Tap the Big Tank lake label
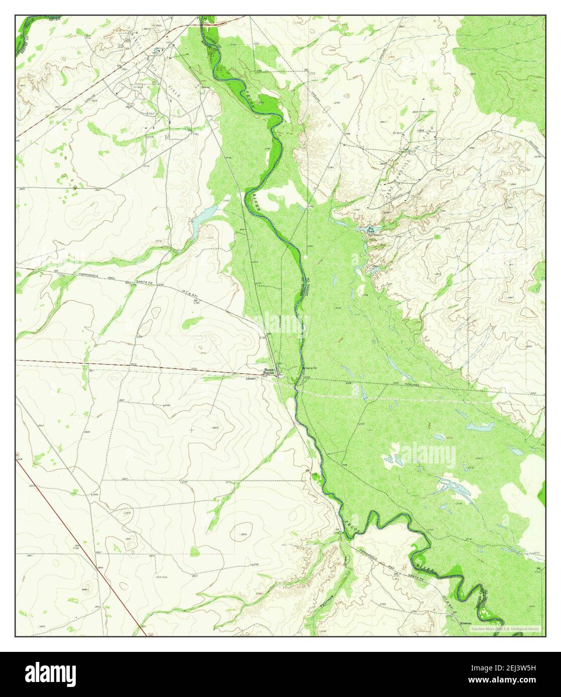click(x=371, y=230)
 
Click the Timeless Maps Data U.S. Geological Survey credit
click(x=506, y=628)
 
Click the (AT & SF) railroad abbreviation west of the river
click(x=190, y=290)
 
